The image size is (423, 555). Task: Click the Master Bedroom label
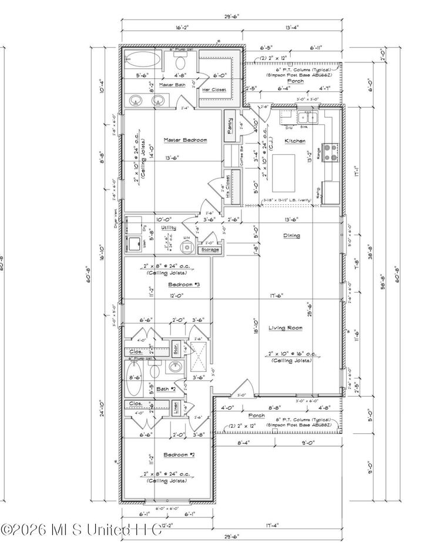[x=185, y=140]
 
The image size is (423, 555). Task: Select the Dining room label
[x=291, y=235]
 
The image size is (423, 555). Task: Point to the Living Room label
[x=285, y=328]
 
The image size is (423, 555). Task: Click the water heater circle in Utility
[x=187, y=247]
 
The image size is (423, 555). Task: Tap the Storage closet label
[x=210, y=250]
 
